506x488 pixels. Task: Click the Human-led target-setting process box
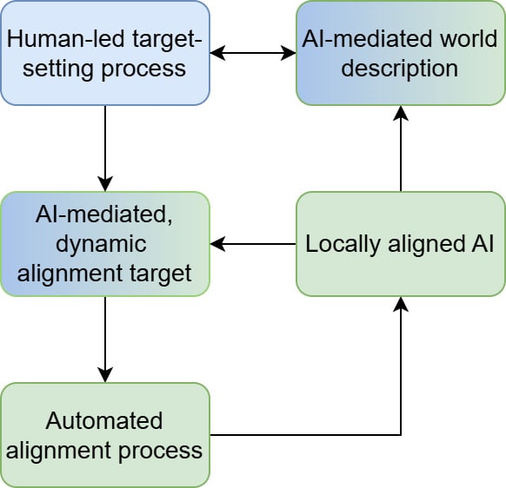tap(105, 53)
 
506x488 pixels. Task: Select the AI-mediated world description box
tap(401, 53)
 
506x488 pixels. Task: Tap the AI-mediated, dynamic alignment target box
tap(105, 244)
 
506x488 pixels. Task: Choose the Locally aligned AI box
tap(401, 244)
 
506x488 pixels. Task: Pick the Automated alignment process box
tap(105, 435)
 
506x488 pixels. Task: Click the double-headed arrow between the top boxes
tap(253, 53)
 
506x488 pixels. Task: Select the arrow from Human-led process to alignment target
tap(105, 148)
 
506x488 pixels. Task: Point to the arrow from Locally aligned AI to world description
tap(401, 148)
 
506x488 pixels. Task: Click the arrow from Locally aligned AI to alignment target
tap(253, 244)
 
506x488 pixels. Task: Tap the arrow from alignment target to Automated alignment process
tap(105, 340)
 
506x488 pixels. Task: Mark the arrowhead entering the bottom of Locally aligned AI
tap(401, 304)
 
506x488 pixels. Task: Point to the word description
tap(400, 69)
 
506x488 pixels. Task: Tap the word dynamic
tap(102, 244)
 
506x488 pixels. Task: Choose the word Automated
tap(104, 421)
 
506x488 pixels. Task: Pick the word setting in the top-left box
tap(58, 69)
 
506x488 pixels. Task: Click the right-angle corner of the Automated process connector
tap(401, 435)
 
